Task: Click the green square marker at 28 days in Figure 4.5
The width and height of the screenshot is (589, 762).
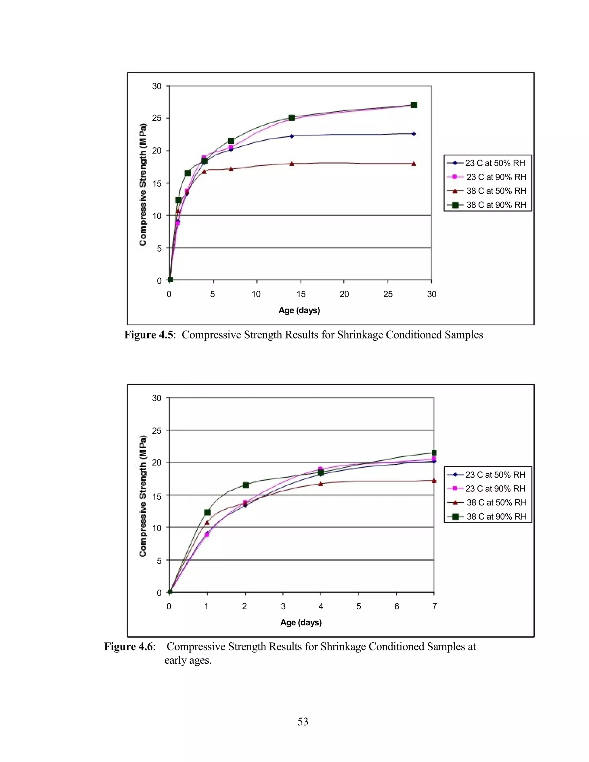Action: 414,105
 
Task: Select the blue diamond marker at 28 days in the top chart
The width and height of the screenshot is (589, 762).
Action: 414,134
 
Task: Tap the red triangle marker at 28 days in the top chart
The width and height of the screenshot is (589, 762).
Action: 414,164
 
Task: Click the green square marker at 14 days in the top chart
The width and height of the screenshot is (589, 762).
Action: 292,118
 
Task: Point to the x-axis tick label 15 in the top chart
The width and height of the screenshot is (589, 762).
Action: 301,294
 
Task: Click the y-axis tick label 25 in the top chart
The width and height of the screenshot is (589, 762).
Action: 157,118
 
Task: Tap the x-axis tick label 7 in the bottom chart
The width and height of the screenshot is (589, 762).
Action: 435,606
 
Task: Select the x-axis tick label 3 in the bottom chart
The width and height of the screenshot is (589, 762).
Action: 283,606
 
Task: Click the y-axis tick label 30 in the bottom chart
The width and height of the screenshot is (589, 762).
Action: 157,398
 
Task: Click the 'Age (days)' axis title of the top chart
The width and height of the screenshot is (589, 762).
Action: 299,310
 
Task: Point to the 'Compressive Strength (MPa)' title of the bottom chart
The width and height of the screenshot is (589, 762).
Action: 143,495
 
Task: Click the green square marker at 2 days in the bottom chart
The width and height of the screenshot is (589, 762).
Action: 246,485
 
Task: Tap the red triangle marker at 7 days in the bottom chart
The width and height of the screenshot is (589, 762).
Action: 434,481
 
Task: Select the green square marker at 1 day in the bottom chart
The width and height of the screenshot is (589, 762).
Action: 207,512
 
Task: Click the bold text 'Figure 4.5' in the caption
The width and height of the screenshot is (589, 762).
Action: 149,335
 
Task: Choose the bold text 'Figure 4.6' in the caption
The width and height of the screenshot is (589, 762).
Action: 128,646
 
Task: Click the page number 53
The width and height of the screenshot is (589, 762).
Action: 303,721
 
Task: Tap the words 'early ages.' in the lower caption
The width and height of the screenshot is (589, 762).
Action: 188,660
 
